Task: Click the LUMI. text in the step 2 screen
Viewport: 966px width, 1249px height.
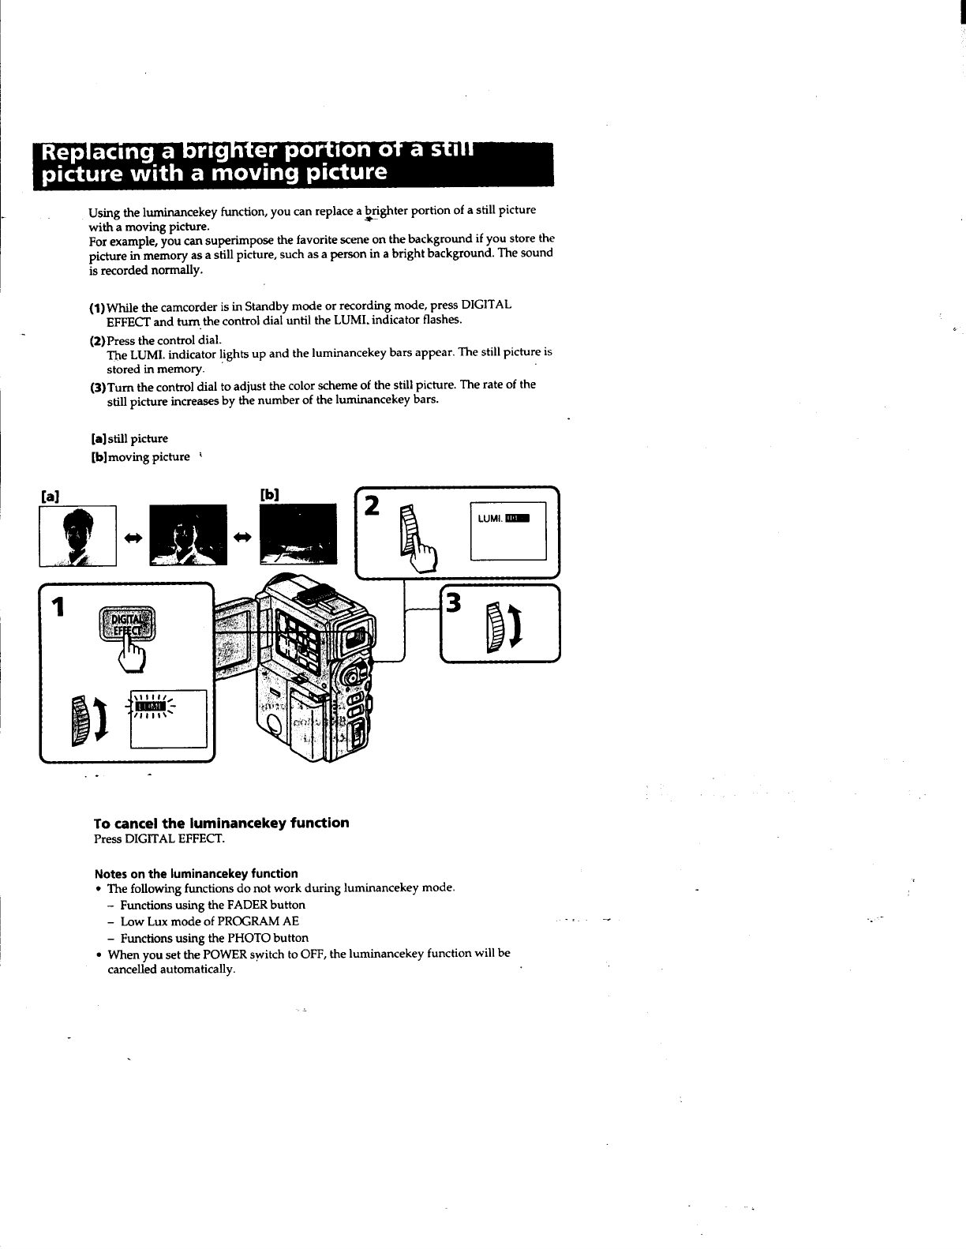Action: (x=490, y=518)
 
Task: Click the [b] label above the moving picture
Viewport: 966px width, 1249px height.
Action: (x=269, y=495)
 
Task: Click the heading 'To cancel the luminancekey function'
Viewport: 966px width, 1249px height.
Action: (x=221, y=823)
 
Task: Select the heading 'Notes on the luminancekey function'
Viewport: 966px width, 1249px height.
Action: (x=196, y=873)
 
